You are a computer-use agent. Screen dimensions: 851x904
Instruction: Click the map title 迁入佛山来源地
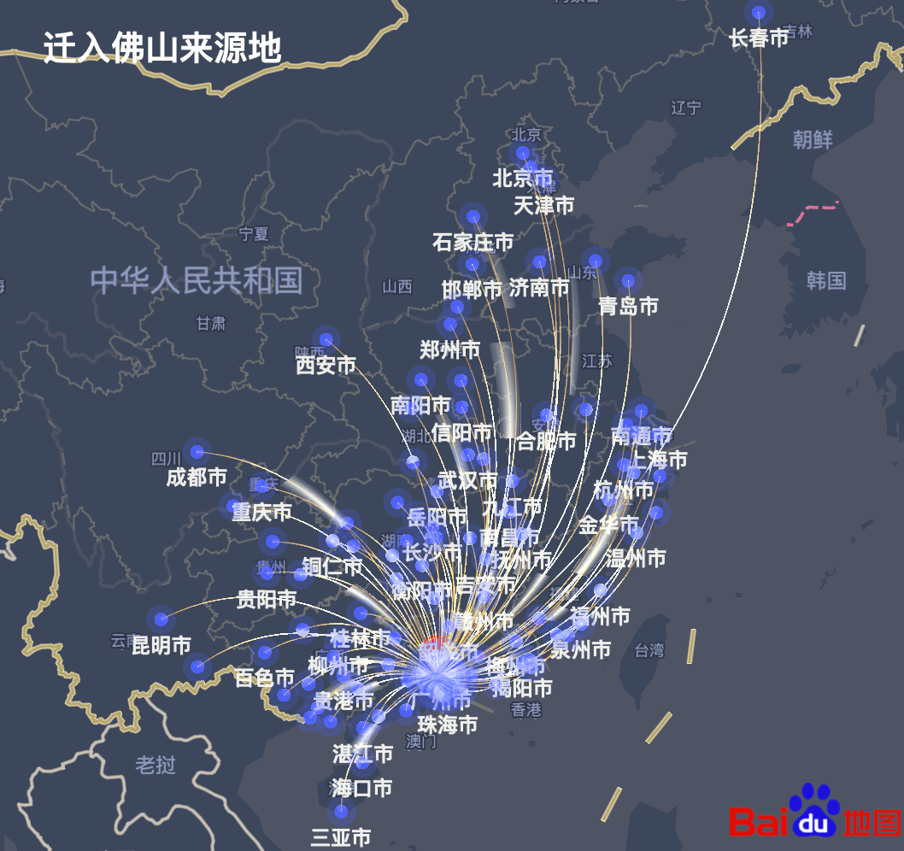pyautogui.click(x=162, y=49)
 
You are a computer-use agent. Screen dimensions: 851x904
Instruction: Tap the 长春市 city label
pyautogui.click(x=759, y=38)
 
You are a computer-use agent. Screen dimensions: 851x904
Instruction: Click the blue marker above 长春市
pyautogui.click(x=758, y=13)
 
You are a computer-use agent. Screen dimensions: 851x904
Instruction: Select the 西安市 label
pyautogui.click(x=326, y=366)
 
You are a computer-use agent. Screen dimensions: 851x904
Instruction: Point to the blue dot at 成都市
pyautogui.click(x=197, y=451)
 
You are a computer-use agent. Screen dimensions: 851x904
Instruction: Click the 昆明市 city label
pyautogui.click(x=161, y=645)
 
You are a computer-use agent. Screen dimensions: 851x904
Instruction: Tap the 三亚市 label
pyautogui.click(x=341, y=837)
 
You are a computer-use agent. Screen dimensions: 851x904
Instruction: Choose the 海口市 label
pyautogui.click(x=362, y=788)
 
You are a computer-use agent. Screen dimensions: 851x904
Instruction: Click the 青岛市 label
pyautogui.click(x=628, y=306)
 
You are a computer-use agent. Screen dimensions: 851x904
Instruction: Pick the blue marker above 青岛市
pyautogui.click(x=628, y=281)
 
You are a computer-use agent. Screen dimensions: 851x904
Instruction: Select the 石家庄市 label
pyautogui.click(x=473, y=243)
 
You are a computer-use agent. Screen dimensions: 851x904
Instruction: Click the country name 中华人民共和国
pyautogui.click(x=197, y=280)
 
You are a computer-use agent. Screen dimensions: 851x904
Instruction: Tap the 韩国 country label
pyautogui.click(x=826, y=280)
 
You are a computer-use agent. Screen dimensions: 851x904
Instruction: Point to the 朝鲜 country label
pyautogui.click(x=813, y=139)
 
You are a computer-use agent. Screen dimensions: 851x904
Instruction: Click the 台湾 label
pyautogui.click(x=649, y=650)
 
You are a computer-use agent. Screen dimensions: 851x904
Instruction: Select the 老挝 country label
pyautogui.click(x=156, y=764)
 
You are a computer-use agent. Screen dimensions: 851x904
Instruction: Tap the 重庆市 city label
pyautogui.click(x=261, y=513)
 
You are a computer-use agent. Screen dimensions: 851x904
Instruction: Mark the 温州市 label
pyautogui.click(x=636, y=559)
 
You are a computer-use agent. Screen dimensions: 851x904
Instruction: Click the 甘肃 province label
pyautogui.click(x=211, y=323)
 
